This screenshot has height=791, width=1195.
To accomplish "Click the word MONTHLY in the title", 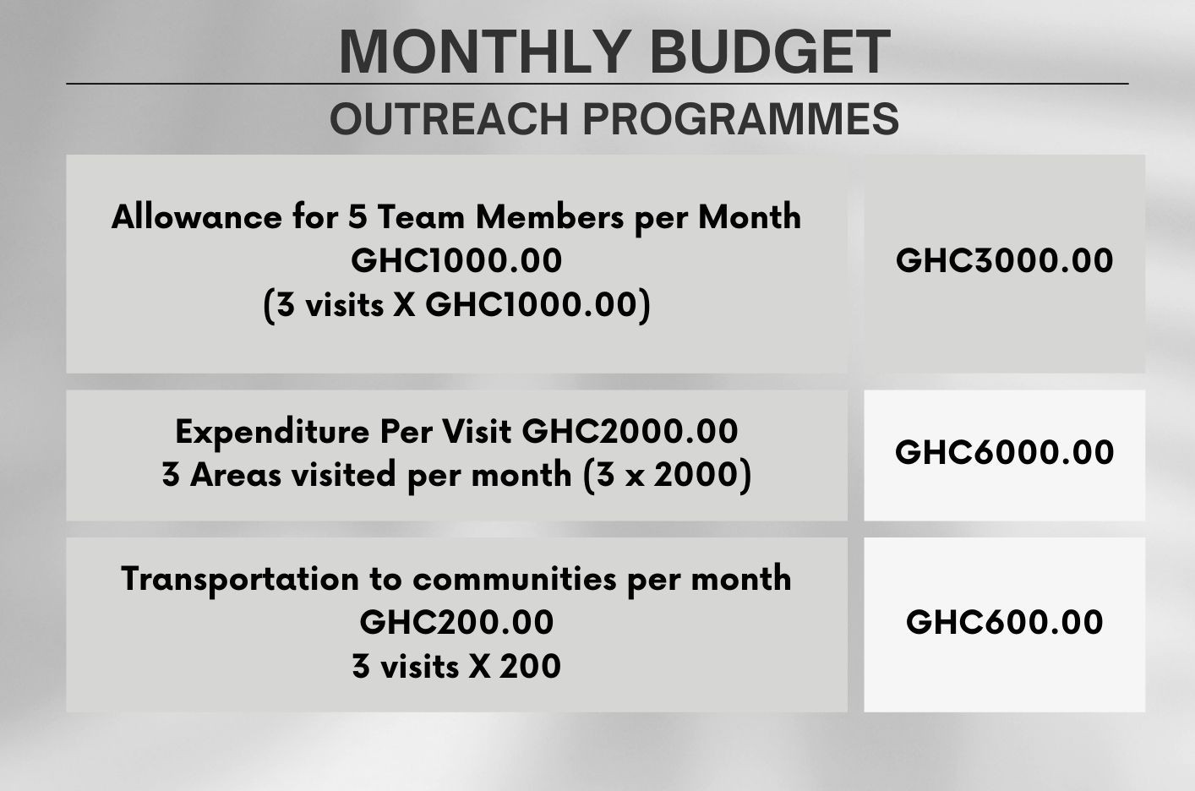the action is pyautogui.click(x=483, y=52).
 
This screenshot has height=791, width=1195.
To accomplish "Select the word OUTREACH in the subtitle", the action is pyautogui.click(x=450, y=118).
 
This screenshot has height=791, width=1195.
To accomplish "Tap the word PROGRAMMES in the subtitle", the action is pyautogui.click(x=741, y=118).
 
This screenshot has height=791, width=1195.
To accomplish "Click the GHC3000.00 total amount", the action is pyautogui.click(x=1005, y=261).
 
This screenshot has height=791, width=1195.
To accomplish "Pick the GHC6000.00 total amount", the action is pyautogui.click(x=1005, y=452).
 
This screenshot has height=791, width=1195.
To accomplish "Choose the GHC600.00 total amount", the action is pyautogui.click(x=1005, y=622).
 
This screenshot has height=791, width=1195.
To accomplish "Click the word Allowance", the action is pyautogui.click(x=197, y=217).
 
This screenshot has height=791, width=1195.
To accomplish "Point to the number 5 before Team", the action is pyautogui.click(x=357, y=217).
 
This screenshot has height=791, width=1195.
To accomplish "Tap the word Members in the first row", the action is pyautogui.click(x=549, y=217).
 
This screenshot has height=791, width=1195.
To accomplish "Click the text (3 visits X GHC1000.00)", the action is pyautogui.click(x=457, y=306).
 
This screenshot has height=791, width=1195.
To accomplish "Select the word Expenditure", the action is pyautogui.click(x=272, y=432).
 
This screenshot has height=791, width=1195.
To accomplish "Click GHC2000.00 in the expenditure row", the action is pyautogui.click(x=630, y=431).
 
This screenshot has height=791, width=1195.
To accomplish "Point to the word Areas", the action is pyautogui.click(x=235, y=475).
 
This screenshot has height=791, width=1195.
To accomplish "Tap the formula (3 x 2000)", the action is pyautogui.click(x=668, y=475).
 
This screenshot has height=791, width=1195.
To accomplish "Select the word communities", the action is pyautogui.click(x=515, y=579).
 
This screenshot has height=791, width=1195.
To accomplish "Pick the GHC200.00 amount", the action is pyautogui.click(x=456, y=623).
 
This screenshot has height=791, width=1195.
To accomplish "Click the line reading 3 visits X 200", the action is pyautogui.click(x=456, y=666).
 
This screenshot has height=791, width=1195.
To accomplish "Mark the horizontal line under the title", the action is pyautogui.click(x=597, y=84).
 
